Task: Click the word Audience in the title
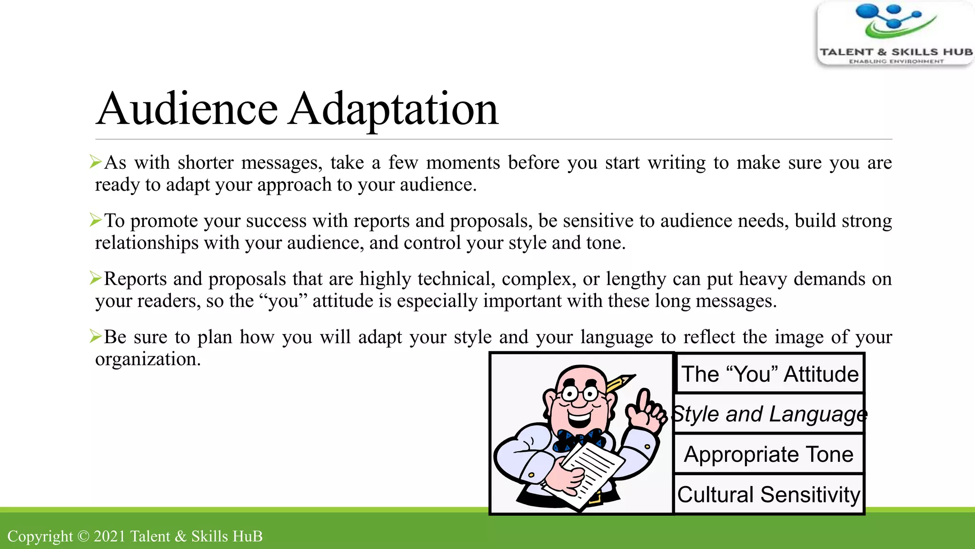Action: (187, 109)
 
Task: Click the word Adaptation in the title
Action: (393, 109)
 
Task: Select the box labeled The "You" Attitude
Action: (769, 374)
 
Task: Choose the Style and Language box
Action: (769, 414)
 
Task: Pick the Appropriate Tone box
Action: (769, 454)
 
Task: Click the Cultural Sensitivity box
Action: (769, 494)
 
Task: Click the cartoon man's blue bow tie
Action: (578, 439)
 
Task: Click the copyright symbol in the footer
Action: (83, 537)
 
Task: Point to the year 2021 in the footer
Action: (109, 537)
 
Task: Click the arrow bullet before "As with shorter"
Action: (96, 162)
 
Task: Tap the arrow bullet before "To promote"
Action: (96, 220)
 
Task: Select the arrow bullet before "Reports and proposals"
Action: (96, 278)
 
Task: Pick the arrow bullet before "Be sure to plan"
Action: (96, 336)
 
